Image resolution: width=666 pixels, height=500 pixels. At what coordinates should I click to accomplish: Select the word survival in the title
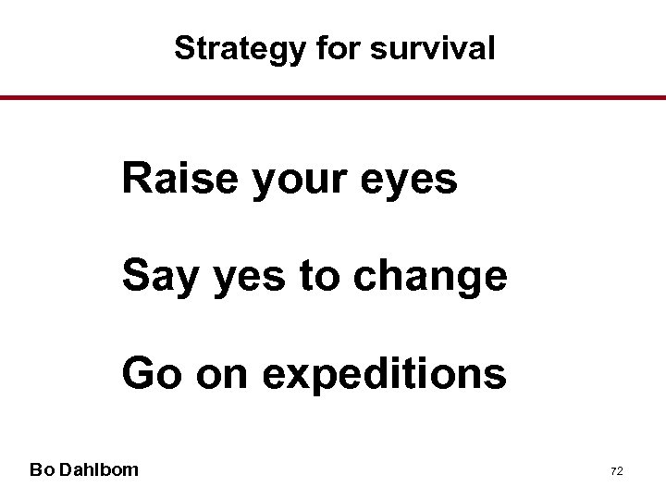point(432,48)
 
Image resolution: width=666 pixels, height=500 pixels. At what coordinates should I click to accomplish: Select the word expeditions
point(384,375)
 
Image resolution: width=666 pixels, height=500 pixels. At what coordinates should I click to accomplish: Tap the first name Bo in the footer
point(41,469)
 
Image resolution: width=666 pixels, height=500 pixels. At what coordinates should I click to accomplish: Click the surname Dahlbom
point(99,469)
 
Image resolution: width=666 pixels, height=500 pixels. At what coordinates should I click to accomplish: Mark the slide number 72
point(616,471)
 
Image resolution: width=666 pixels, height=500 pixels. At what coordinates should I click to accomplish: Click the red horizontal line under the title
point(333,97)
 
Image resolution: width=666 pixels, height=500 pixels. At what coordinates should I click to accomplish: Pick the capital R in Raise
point(136,179)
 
